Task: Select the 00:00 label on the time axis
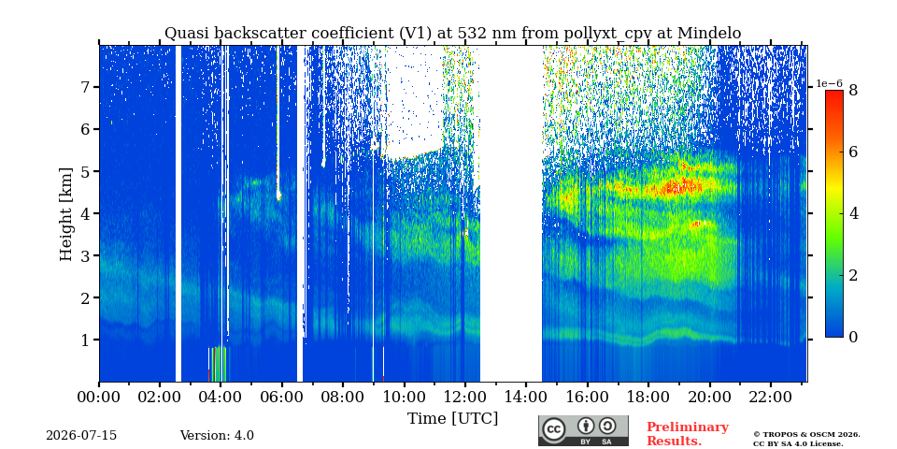[100, 397]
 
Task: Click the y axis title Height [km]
[66, 214]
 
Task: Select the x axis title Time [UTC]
[452, 419]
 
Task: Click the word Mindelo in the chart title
[709, 34]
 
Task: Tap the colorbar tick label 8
[853, 90]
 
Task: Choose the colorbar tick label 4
[853, 213]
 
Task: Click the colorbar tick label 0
[853, 338]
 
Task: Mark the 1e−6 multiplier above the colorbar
[830, 83]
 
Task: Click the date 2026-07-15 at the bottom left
[81, 436]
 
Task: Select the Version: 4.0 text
[217, 436]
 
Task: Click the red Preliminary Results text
[688, 434]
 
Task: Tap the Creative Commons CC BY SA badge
[583, 430]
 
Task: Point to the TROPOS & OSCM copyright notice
[806, 439]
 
